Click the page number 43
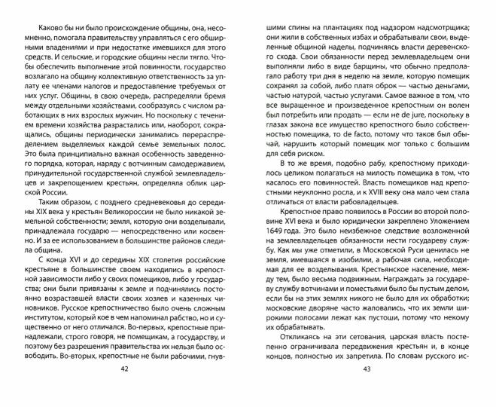coord(367,389)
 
